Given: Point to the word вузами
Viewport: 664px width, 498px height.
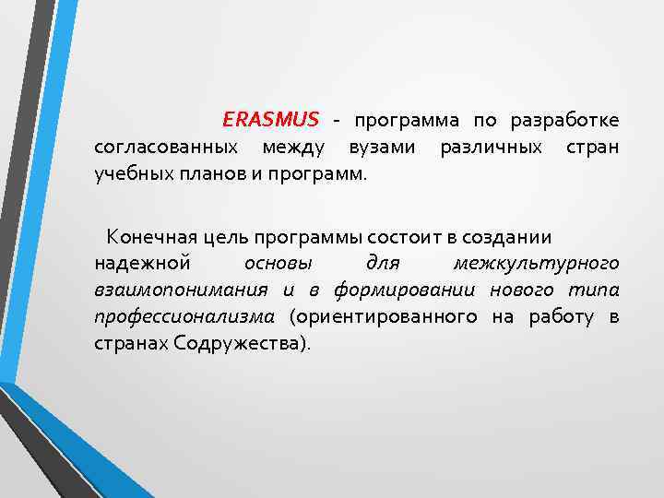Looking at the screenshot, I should click(x=382, y=148).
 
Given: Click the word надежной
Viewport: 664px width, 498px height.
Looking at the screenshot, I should click(x=142, y=265).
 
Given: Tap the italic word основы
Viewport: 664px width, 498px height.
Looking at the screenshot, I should click(x=285, y=265).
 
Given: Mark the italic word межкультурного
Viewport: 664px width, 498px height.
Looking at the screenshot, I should click(x=536, y=265).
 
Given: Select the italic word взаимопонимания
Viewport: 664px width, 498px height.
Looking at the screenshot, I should click(x=181, y=290).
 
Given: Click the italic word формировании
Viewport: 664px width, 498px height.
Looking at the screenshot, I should click(x=404, y=290).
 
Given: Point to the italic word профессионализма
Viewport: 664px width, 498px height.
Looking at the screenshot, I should click(x=184, y=317).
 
